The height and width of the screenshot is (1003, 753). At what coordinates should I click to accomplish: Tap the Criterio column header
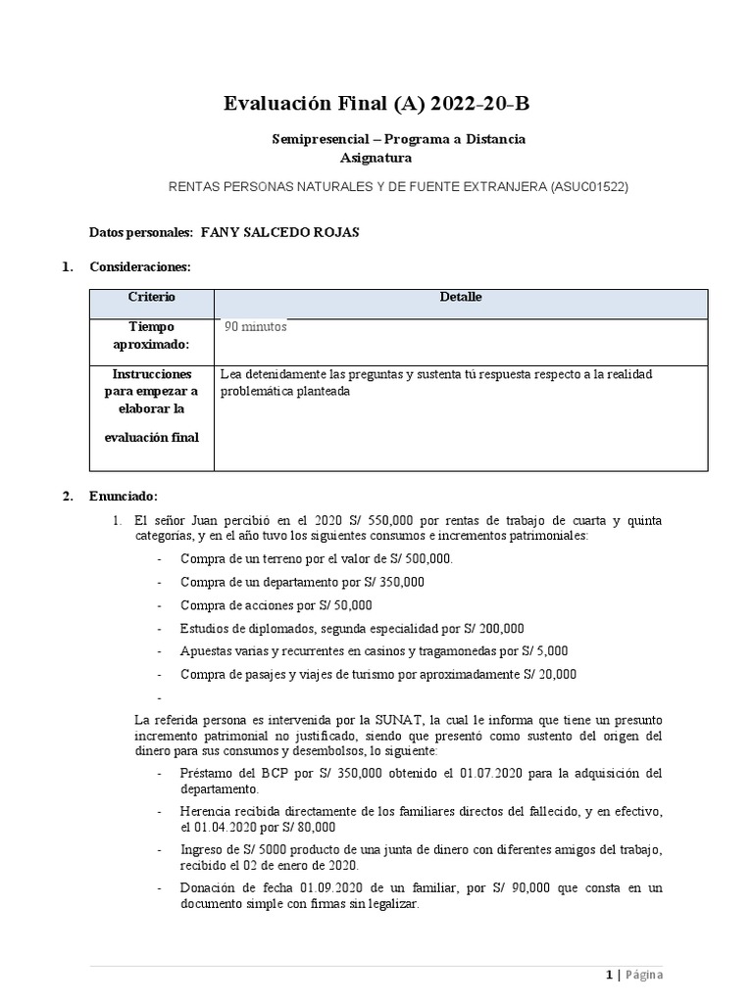pos(151,298)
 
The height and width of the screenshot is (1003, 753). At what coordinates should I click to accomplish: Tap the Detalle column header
pos(461,298)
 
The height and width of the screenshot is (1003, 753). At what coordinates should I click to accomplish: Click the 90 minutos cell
pos(256,327)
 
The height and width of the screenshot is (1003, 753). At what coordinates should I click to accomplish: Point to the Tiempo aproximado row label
pos(151,336)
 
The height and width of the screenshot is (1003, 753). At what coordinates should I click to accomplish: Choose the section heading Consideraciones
pos(140,266)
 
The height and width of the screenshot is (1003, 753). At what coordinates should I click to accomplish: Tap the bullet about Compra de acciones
pos(276,605)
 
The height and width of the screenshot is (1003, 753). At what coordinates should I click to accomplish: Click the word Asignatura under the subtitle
pos(376,158)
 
